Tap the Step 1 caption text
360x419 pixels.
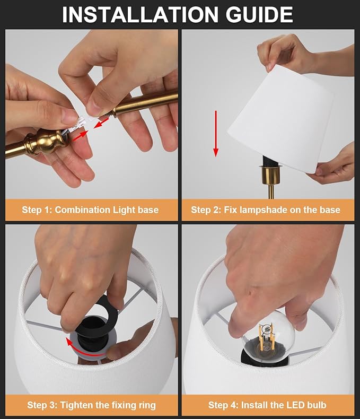90,210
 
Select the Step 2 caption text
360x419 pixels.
266,210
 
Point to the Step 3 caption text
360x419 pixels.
91,405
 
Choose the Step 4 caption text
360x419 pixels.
267,405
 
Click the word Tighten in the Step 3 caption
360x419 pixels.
80,405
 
